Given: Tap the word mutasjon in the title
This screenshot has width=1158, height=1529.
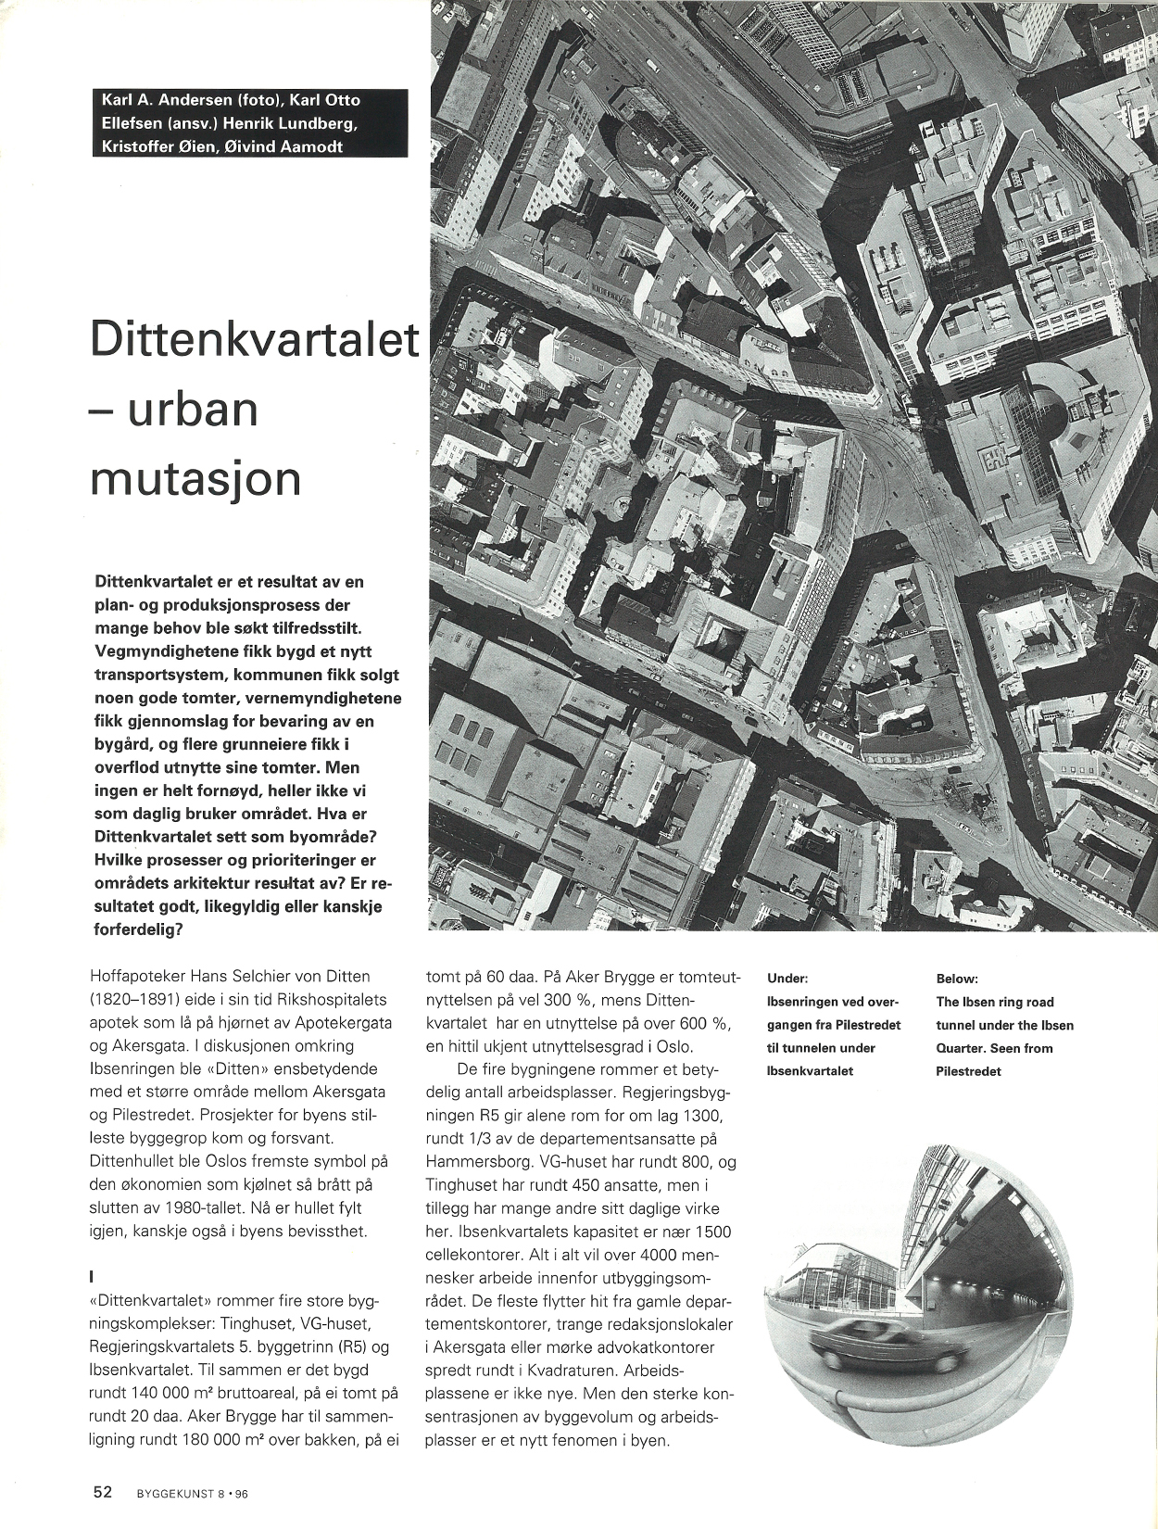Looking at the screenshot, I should click(196, 478).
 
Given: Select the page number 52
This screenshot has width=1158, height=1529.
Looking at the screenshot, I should click(102, 1492).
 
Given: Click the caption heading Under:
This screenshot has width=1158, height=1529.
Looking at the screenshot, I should click(787, 979).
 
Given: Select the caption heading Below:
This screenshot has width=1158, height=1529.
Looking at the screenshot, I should click(957, 979).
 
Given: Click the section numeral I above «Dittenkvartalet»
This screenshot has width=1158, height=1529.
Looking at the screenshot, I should click(92, 1277).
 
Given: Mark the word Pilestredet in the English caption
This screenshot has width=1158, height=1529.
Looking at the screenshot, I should click(969, 1071).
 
